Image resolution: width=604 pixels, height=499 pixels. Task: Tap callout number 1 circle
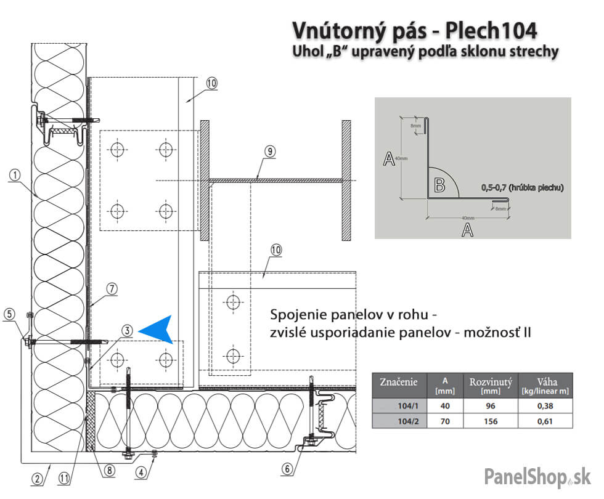coord(15,175)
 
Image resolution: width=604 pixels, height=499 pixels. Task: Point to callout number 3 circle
coord(126,331)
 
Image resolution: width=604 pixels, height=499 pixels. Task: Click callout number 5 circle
coord(9,314)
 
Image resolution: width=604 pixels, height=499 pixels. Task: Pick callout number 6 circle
coord(287,469)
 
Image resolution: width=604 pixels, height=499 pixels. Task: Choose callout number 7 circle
coord(111,288)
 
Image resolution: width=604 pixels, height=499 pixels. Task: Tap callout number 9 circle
coord(269,151)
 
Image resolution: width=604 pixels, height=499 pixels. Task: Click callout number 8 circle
coord(110,471)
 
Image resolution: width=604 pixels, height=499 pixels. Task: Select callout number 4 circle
coord(142,473)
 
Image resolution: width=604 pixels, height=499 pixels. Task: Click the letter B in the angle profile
coord(439,184)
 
